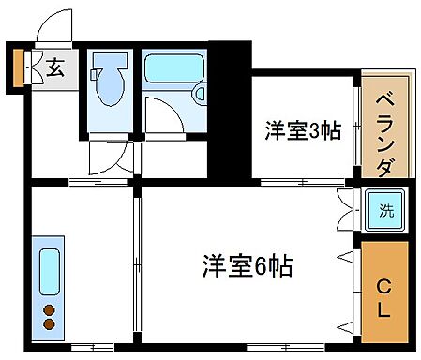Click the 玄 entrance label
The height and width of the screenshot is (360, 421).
coord(55,68)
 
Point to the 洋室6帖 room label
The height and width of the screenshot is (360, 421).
coord(246,266)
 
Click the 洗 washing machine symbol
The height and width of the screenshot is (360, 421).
coord(385,211)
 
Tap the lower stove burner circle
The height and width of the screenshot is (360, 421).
coord(50,324)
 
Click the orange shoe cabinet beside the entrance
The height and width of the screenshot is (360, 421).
coord(18,67)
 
